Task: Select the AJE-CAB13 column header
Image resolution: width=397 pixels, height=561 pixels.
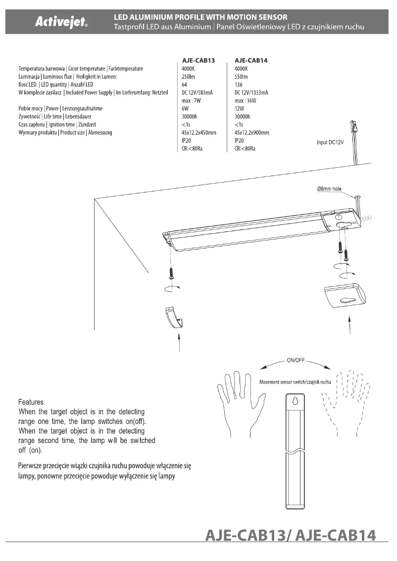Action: tap(198, 60)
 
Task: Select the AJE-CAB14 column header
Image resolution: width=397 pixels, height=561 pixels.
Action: tap(251, 60)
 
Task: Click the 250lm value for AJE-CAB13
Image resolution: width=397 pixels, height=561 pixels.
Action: tap(189, 77)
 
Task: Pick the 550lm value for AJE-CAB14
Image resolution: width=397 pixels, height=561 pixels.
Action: tap(241, 77)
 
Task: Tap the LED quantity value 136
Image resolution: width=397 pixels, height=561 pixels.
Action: tap(239, 85)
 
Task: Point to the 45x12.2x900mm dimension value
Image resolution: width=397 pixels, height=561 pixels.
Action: tap(251, 133)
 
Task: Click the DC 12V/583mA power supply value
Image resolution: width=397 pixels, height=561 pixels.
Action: tap(198, 93)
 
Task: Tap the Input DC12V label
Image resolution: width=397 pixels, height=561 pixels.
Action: tap(330, 142)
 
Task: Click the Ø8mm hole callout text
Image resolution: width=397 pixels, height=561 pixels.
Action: tap(329, 188)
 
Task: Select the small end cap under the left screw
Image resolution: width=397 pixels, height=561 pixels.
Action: tap(173, 317)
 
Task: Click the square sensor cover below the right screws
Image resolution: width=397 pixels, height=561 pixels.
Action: tap(345, 296)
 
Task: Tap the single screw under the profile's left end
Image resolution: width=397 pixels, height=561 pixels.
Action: tap(171, 272)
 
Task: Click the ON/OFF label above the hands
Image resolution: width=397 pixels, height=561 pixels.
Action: tap(296, 360)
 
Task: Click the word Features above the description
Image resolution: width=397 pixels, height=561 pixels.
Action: tap(31, 402)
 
